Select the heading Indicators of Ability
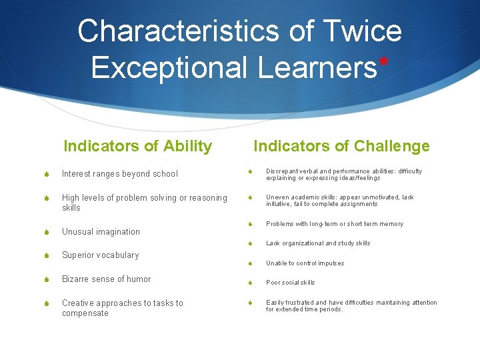(x=137, y=146)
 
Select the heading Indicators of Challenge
(x=341, y=146)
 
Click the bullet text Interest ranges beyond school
(x=120, y=174)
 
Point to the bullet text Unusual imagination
(x=101, y=232)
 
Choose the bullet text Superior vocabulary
(x=100, y=255)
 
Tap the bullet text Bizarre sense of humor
(x=106, y=279)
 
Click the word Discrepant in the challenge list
(x=283, y=171)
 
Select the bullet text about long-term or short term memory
(x=334, y=224)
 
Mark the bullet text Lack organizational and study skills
(x=317, y=243)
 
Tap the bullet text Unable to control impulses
(x=305, y=263)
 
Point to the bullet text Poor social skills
(x=290, y=283)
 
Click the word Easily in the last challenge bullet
(x=275, y=303)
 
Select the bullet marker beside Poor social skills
(x=249, y=283)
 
